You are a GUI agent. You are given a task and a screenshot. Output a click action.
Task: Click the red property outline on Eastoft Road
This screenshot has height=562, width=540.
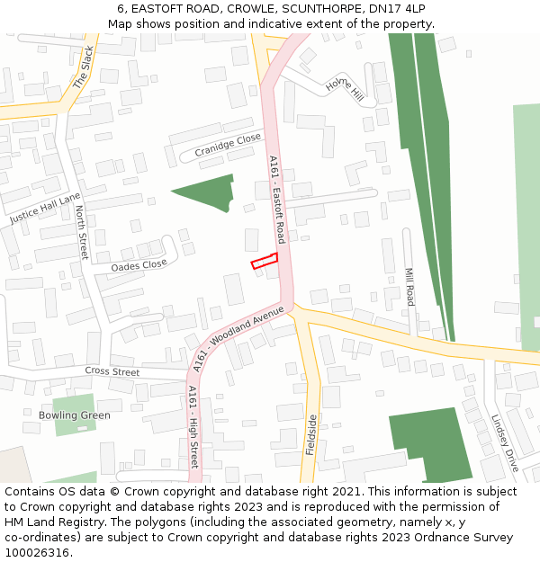pos(264,261)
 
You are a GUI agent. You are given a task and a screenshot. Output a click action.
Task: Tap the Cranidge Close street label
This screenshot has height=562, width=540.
pos(228,146)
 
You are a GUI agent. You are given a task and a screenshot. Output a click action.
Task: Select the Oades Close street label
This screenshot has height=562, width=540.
pos(139,265)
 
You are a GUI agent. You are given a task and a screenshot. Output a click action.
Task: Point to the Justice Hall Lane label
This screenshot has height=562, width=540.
pos(45,209)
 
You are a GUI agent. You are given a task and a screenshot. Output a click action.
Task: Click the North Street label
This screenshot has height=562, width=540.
pos(82,232)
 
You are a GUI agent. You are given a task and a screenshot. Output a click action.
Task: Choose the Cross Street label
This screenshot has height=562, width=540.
pos(112,371)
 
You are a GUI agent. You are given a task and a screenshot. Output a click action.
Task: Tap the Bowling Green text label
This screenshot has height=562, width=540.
pos(75,415)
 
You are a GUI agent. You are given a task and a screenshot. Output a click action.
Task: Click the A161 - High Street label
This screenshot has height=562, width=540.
pos(193,426)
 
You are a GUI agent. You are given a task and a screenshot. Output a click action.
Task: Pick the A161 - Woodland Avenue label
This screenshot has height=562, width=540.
pos(238,338)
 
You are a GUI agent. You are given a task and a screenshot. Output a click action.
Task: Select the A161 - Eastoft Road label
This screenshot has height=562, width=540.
pos(277,200)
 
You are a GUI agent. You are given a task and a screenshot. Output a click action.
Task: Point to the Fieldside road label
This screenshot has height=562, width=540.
pos(312,434)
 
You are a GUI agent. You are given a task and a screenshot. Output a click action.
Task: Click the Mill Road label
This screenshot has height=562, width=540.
pos(409,286)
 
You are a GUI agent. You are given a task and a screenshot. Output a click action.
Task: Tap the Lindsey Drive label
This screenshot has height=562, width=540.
pos(505,442)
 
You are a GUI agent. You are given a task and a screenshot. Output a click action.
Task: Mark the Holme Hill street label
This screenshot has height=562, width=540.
pos(345,88)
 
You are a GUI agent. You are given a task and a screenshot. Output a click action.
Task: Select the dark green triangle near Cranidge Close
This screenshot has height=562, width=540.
pos(210,192)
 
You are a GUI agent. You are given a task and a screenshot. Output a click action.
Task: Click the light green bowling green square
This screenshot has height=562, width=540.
pos(74,414)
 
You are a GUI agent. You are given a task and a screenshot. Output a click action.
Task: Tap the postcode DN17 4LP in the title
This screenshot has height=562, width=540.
pos(397,8)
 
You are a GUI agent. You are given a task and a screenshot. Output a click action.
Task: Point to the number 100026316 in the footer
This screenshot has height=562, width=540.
pos(37,553)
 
